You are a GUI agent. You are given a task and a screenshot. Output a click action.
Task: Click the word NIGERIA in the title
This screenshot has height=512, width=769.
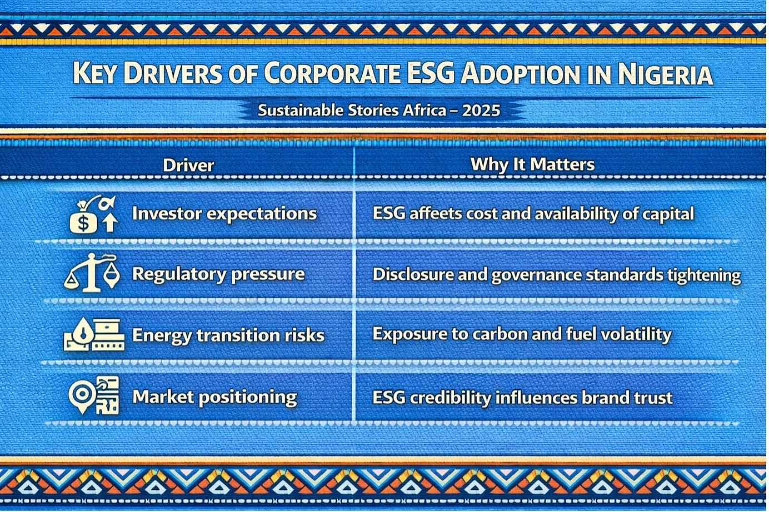click(x=666, y=73)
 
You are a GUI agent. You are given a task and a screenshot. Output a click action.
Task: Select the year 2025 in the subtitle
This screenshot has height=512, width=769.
click(x=481, y=111)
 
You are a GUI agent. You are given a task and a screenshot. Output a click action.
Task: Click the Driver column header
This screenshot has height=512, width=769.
click(x=188, y=165)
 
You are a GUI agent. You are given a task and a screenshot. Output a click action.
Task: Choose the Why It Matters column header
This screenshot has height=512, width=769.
click(x=532, y=164)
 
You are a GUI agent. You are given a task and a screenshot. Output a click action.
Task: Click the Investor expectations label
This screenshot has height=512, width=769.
click(x=224, y=214)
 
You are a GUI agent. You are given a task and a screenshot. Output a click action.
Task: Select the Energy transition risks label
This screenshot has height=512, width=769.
click(x=228, y=335)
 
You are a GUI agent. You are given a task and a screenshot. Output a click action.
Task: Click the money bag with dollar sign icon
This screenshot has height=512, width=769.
click(x=83, y=219)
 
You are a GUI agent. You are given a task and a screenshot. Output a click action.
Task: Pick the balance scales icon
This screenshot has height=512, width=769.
click(x=92, y=273)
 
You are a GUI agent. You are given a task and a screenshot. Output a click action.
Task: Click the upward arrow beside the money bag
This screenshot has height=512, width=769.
click(x=110, y=222)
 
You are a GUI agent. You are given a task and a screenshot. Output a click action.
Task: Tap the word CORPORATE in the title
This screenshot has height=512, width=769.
click(x=332, y=73)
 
